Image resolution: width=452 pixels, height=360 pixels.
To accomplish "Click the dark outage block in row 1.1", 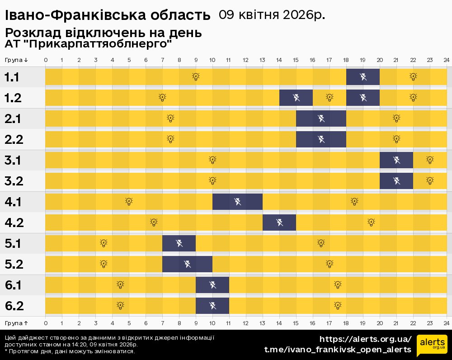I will point(363,76).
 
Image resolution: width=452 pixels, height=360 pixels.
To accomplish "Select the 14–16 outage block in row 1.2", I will point(296,97).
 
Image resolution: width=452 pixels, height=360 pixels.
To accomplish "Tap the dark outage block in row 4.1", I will point(237,201).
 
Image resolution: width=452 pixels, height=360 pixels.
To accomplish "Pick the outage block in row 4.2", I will point(279,222).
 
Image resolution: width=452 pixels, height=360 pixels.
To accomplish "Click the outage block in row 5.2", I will point(187,264).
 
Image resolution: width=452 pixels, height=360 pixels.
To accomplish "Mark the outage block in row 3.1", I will point(396,160).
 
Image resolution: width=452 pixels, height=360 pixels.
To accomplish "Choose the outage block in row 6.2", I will point(212,305).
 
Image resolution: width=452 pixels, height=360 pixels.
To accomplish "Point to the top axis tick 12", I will point(245,60).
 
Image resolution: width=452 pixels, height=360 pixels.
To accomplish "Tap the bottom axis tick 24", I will point(446,323).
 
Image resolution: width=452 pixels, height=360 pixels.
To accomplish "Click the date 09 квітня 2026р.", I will point(272,15).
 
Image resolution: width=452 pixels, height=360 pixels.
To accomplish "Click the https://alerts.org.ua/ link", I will point(365,339).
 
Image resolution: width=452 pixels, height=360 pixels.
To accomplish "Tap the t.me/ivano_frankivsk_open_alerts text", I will point(338,350).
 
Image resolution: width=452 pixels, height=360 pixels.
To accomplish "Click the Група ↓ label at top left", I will point(16,60).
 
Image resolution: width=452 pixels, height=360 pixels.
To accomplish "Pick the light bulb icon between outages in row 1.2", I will point(330,97).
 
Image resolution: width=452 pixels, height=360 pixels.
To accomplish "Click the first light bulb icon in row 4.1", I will point(129,201).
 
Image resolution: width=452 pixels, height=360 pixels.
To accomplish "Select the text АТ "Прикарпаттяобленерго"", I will point(89,44).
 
